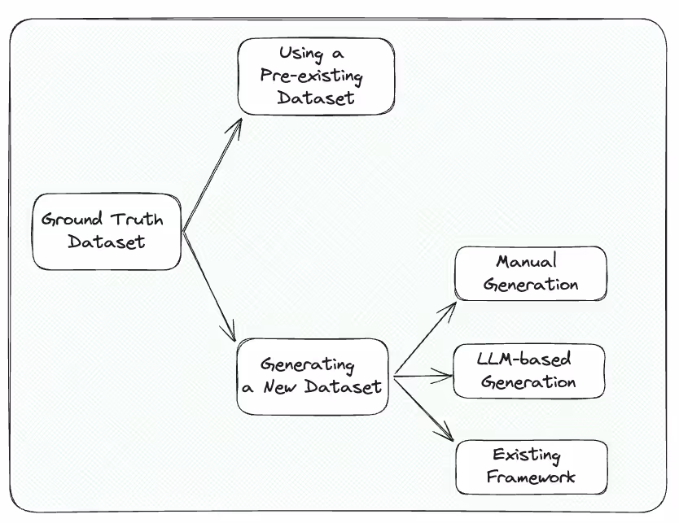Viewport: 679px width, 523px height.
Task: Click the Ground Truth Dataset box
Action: click(106, 231)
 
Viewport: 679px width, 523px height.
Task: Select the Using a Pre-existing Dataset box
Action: click(316, 76)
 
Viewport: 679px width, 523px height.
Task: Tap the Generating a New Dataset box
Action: click(312, 375)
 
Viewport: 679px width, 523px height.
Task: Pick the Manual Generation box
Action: click(530, 273)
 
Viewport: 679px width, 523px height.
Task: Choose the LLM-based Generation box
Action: click(528, 370)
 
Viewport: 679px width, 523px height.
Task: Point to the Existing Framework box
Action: click(531, 466)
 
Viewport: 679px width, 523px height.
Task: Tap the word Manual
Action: click(526, 262)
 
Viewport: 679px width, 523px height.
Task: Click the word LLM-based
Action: click(523, 359)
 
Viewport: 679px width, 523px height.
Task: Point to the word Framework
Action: click(531, 477)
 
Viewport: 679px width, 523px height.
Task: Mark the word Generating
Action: click(308, 363)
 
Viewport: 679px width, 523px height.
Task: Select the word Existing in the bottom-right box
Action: click(527, 455)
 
